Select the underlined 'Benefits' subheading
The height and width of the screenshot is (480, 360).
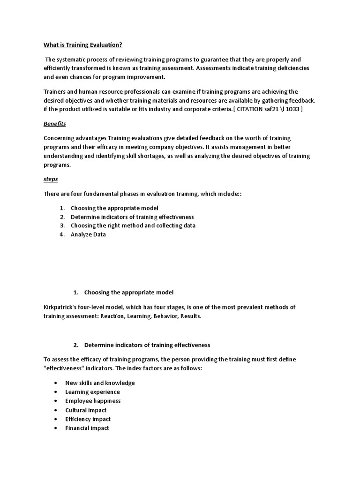[54, 124]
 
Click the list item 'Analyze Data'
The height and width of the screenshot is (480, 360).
[88, 234]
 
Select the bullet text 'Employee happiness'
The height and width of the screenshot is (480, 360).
[93, 401]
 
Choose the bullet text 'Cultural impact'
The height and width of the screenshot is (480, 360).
[86, 410]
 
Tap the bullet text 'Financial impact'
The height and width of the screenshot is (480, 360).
[87, 428]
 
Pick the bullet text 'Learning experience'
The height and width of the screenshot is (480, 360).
[92, 392]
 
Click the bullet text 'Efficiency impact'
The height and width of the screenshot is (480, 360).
[88, 419]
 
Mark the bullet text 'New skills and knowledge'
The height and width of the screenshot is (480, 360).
[100, 383]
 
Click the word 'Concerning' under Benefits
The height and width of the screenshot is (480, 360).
[59, 138]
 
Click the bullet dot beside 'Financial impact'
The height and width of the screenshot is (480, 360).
[55, 428]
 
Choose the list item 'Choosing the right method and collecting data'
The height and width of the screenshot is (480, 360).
[133, 225]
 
